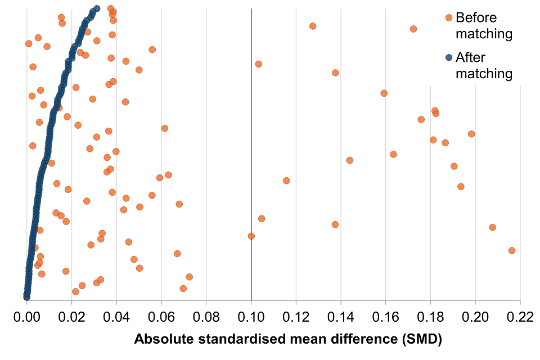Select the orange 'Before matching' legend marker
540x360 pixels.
pyautogui.click(x=449, y=17)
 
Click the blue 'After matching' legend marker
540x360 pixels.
pyautogui.click(x=449, y=57)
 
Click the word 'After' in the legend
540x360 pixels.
pyautogui.click(x=471, y=57)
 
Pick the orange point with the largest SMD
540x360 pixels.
pyautogui.click(x=511, y=250)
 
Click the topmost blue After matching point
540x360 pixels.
pyautogui.click(x=97, y=8)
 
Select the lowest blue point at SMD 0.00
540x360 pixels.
pyautogui.click(x=26, y=296)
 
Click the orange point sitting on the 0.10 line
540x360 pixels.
pyautogui.click(x=251, y=236)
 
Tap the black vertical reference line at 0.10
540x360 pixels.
pyautogui.click(x=251, y=141)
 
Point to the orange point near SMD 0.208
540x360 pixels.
pyautogui.click(x=492, y=227)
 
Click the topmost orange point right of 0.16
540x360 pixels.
pyautogui.click(x=413, y=29)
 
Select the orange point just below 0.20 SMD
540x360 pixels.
pyautogui.click(x=471, y=134)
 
